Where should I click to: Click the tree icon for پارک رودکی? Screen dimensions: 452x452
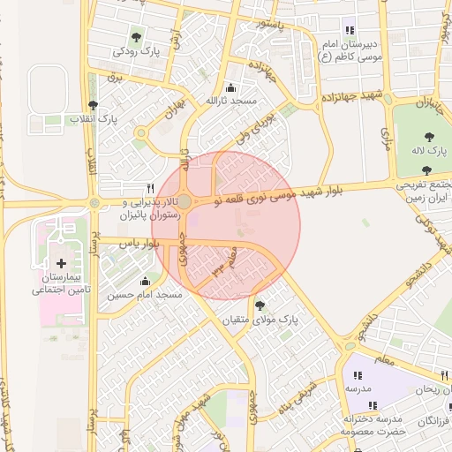coord(136,37)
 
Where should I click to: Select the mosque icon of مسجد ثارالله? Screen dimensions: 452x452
coord(231,87)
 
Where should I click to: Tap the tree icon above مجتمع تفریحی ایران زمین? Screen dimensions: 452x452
coord(427,170)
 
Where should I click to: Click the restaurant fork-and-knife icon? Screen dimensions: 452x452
coord(150,188)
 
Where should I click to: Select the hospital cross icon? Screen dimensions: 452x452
coord(61,263)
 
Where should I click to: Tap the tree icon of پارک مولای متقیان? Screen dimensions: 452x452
coord(259,305)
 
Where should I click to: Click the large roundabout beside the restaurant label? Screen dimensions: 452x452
coord(185,202)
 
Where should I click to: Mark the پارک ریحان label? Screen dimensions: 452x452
coord(433,388)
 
